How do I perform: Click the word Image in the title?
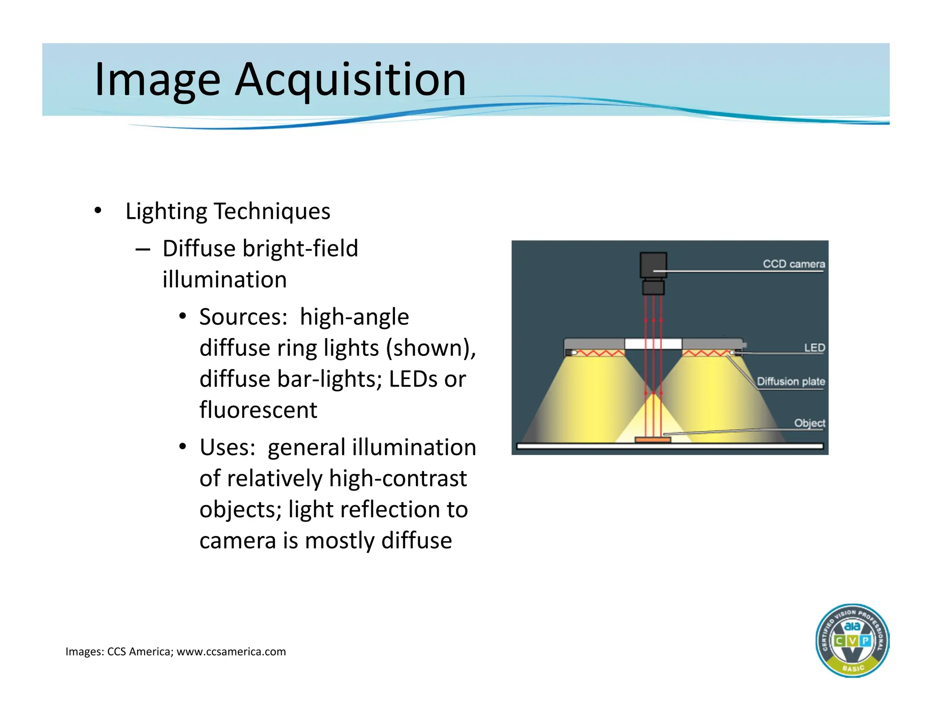(157, 80)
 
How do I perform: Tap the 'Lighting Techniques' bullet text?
(228, 211)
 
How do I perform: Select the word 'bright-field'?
(300, 248)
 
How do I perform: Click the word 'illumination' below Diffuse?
(224, 279)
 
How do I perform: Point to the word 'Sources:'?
(243, 317)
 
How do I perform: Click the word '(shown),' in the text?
(431, 348)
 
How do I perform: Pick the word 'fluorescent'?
(258, 410)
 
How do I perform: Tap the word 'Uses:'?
(227, 447)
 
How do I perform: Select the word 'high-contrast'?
(398, 478)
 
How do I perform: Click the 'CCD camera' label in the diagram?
(794, 264)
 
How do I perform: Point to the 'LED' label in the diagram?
(814, 348)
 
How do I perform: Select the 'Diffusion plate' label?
(790, 381)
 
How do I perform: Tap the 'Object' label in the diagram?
(809, 423)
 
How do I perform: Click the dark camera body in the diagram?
(653, 265)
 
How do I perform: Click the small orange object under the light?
(653, 440)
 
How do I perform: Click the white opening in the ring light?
(653, 344)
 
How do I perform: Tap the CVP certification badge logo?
(852, 640)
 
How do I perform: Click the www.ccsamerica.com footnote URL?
(231, 652)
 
